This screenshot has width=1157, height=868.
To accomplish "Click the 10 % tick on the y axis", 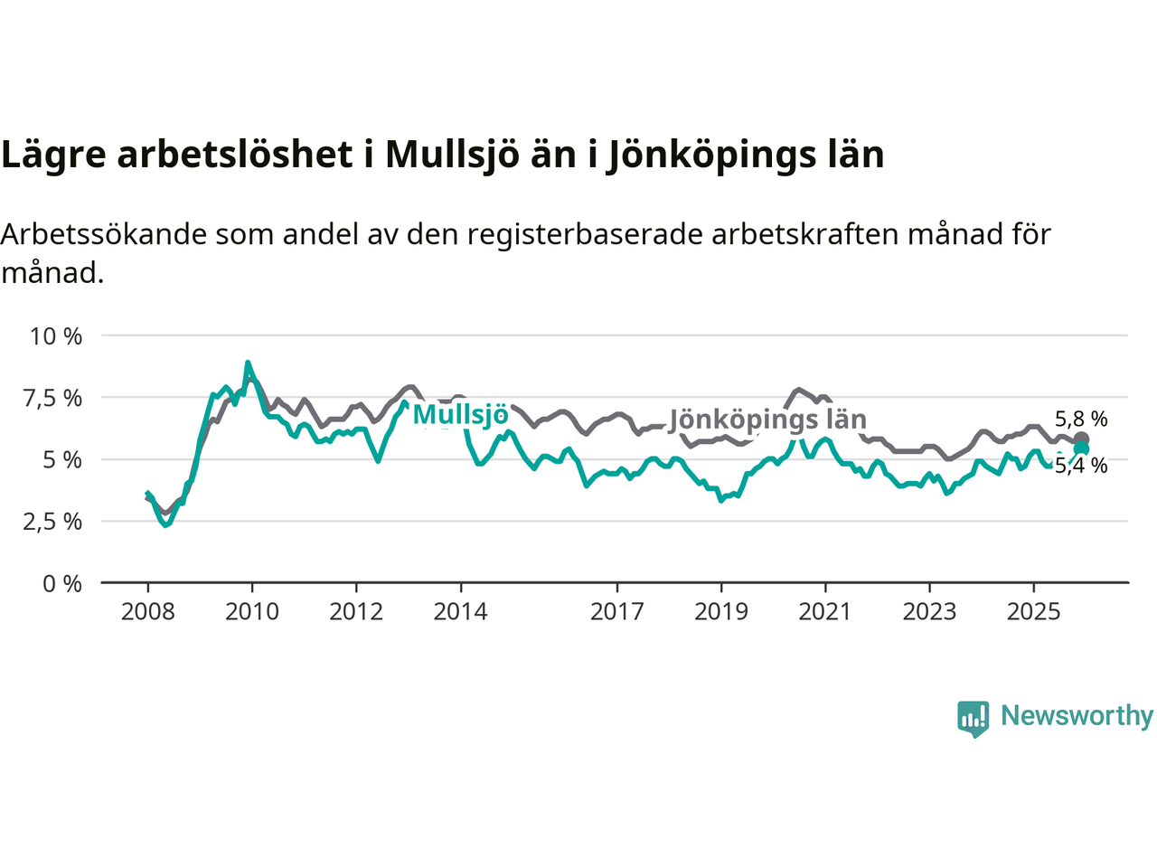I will point(56,336).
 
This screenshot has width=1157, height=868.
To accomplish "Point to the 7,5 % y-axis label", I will point(56,398).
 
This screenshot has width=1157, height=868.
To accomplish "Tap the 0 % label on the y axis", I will point(62,584).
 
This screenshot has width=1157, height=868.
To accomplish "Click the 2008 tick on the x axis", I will point(148,612).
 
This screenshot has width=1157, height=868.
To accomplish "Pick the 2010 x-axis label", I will point(252,612).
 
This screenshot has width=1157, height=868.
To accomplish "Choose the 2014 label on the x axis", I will point(460,612).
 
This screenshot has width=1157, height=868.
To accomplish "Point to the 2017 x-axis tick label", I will point(616,612).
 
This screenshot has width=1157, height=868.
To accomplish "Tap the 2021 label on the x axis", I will point(825,612).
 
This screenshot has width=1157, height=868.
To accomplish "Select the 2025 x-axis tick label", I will point(1033,612).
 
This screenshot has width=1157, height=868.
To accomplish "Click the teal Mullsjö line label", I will point(460,416).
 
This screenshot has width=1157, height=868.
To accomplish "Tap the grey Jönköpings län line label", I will point(767,420).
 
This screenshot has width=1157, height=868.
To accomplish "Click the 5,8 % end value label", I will point(1081,420).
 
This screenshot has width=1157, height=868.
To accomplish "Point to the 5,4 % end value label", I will point(1081,467).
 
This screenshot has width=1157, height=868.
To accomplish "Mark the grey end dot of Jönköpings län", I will point(1081,439).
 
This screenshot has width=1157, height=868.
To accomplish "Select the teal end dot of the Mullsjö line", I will point(1081,449).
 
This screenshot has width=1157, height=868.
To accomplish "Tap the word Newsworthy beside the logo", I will point(1077,716).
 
